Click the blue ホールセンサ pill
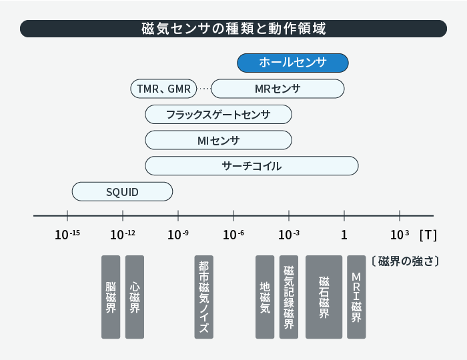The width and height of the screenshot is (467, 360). click(293, 63)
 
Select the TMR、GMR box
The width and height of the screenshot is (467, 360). click(164, 89)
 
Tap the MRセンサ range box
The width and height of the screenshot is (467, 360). click(278, 89)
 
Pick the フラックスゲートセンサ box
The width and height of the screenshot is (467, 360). click(218, 114)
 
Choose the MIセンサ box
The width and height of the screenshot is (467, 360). click(218, 140)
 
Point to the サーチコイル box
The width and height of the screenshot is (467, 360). click(252, 166)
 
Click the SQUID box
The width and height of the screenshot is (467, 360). click(122, 191)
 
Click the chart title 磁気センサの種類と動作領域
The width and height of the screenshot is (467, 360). click(233, 29)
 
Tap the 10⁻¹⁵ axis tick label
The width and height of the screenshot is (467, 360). click(67, 235)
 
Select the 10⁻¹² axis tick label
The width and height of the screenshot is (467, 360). click(123, 235)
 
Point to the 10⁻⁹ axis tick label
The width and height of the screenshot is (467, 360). click(178, 235)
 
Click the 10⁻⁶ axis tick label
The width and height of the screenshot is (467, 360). click(233, 235)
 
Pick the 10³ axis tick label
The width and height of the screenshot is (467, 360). click(400, 235)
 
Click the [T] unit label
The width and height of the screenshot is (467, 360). click(428, 235)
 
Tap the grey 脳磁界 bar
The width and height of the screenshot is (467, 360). click(111, 297)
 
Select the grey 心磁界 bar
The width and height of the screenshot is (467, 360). click(135, 297)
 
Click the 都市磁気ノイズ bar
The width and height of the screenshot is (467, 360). click(203, 297)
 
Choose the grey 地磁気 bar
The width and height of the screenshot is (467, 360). click(265, 297)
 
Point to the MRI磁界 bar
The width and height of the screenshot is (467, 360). click(356, 297)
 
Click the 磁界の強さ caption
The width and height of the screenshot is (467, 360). click(406, 261)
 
